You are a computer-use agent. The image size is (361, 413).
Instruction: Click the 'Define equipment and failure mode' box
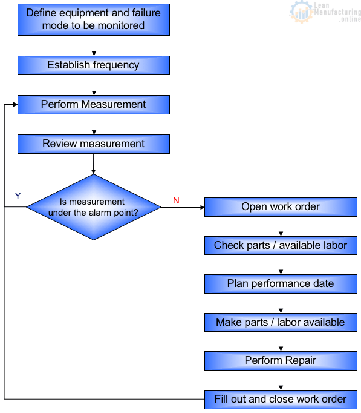(93, 19)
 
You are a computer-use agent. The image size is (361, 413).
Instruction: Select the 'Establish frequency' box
(93, 65)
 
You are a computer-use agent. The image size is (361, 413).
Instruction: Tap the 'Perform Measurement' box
(93, 104)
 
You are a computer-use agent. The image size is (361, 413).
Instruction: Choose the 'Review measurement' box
(93, 144)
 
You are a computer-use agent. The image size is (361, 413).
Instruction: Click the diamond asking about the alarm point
(93, 207)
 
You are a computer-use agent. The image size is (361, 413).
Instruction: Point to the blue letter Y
(18, 196)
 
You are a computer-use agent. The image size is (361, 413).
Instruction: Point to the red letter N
(176, 200)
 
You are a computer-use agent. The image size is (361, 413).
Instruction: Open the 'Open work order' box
(281, 207)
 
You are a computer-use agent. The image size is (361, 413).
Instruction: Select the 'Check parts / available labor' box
(281, 245)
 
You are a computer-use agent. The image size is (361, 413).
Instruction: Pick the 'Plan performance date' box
(281, 283)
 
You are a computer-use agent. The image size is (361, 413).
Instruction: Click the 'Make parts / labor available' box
(281, 322)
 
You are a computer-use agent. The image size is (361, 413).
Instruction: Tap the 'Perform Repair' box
(281, 360)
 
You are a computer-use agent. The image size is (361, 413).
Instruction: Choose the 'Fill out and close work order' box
(281, 399)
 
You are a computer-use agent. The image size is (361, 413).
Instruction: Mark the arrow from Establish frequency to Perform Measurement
(94, 85)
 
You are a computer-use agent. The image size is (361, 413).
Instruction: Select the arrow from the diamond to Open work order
(183, 207)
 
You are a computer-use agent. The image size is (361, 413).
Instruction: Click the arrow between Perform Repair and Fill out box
(281, 380)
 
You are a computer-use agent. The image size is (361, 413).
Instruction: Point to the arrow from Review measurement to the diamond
(94, 164)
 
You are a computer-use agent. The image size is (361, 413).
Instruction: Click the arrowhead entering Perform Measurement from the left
(15, 104)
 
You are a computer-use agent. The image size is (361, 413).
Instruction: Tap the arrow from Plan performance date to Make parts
(281, 303)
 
